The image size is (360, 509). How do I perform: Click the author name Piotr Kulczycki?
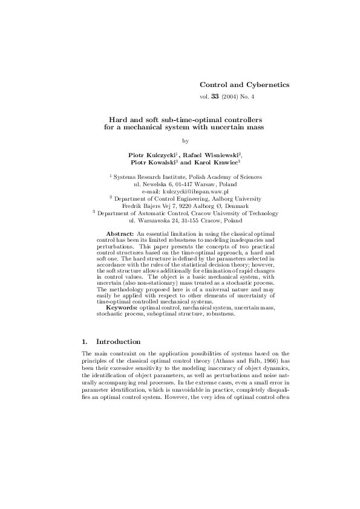pyautogui.click(x=152, y=155)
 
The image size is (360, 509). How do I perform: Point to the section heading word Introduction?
pyautogui.click(x=119, y=342)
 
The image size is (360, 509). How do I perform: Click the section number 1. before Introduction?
pyautogui.click(x=85, y=342)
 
